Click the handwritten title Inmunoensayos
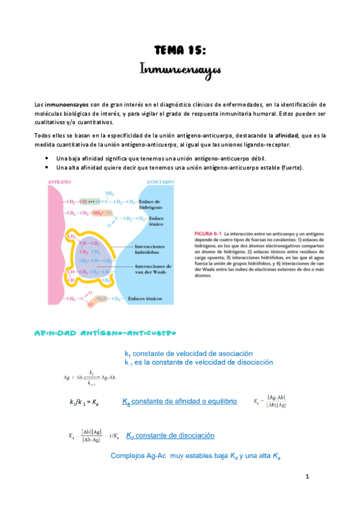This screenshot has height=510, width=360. (x=180, y=70)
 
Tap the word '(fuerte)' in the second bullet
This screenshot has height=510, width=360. (x=292, y=167)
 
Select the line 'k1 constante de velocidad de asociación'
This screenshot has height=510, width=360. (x=188, y=354)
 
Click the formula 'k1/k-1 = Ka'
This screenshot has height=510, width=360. (x=85, y=402)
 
